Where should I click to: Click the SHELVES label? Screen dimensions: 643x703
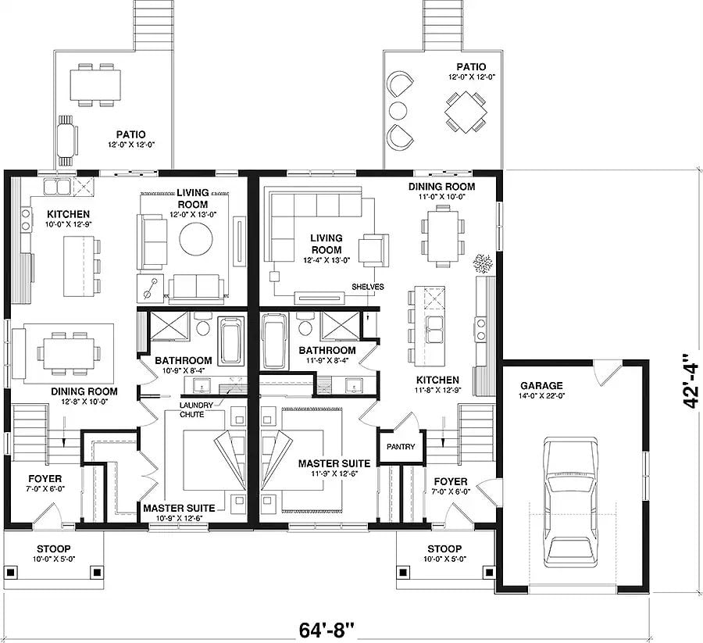coord(367,287)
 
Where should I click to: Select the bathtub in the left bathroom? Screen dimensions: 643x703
coord(230,341)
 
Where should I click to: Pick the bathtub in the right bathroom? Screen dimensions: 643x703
coord(274,341)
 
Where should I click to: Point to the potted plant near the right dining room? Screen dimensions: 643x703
coord(481,263)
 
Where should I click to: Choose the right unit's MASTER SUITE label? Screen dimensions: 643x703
coord(327,463)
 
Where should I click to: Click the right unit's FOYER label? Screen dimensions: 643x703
coord(451,482)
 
